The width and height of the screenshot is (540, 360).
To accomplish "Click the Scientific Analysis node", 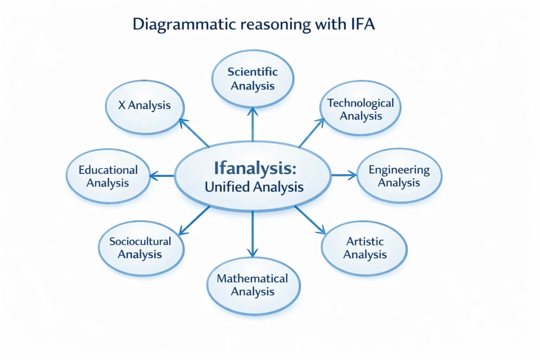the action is [x=253, y=79].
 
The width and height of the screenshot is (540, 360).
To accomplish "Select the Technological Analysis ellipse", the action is [x=361, y=108].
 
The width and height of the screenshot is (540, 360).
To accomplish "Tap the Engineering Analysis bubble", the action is [x=400, y=176].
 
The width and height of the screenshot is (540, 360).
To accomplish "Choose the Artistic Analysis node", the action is [x=364, y=248].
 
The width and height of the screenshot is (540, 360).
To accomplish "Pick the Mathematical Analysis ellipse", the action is [x=254, y=286].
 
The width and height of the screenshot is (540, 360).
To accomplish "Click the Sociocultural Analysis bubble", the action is [x=141, y=248].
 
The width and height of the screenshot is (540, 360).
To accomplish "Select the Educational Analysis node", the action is [x=108, y=176].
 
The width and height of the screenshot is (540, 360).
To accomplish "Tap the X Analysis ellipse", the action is [x=144, y=107].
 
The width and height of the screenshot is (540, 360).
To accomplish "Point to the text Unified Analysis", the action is [x=254, y=187].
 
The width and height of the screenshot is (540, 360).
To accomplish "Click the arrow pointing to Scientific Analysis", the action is [x=253, y=124].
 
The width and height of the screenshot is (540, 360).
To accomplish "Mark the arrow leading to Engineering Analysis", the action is [x=344, y=175].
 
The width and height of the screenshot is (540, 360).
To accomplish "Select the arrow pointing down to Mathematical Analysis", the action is [x=253, y=234].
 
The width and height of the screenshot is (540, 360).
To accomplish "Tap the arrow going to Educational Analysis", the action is [x=161, y=176].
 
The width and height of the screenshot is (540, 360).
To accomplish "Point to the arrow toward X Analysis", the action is [x=194, y=133].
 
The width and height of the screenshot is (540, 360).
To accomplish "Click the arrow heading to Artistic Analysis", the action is [x=310, y=220].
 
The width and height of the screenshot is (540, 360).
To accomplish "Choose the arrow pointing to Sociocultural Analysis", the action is [x=194, y=221].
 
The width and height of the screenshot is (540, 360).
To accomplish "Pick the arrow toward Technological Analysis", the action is [x=312, y=133].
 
